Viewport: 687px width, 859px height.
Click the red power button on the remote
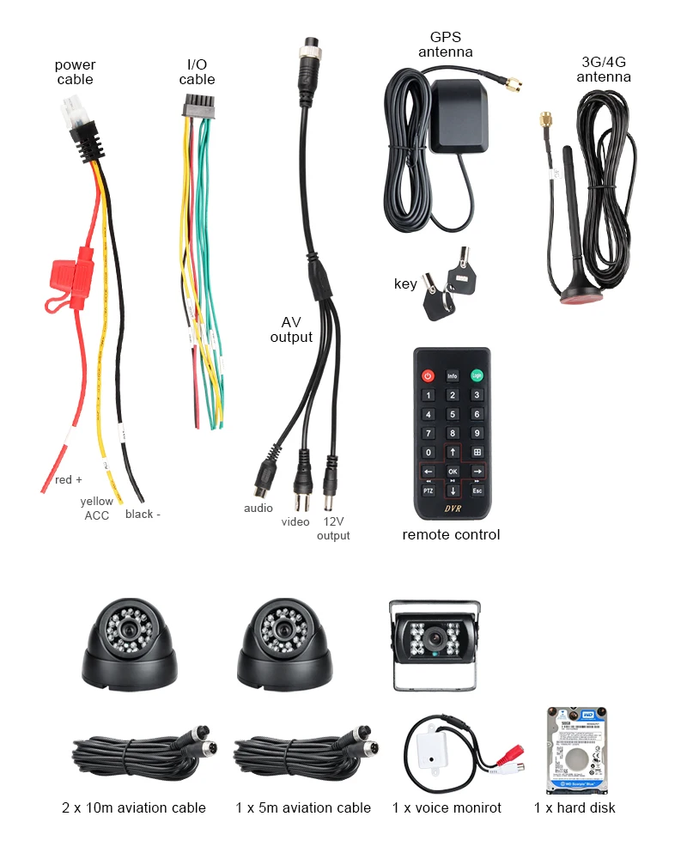coord(428,375)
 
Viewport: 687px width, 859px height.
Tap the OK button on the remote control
coord(453,472)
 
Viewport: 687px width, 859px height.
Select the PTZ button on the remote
coord(428,491)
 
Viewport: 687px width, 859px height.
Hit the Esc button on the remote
coord(477,491)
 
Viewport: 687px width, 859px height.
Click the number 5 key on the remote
coord(453,414)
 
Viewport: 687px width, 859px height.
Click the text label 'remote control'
coord(451,535)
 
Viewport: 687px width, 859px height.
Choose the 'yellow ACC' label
coord(96,509)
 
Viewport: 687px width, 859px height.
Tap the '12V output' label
coord(333,529)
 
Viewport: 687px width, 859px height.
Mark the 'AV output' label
coord(291,330)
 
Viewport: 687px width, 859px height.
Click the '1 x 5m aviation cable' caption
coord(303,807)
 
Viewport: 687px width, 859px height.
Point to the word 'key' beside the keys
coord(405,284)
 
